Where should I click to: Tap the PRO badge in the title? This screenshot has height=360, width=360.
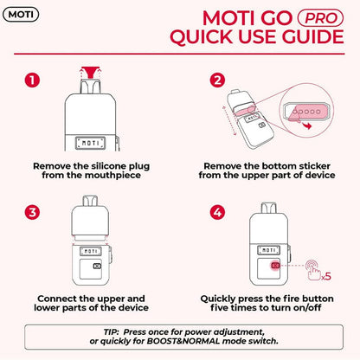coord(318,17)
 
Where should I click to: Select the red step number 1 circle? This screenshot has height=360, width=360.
coord(33,80)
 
